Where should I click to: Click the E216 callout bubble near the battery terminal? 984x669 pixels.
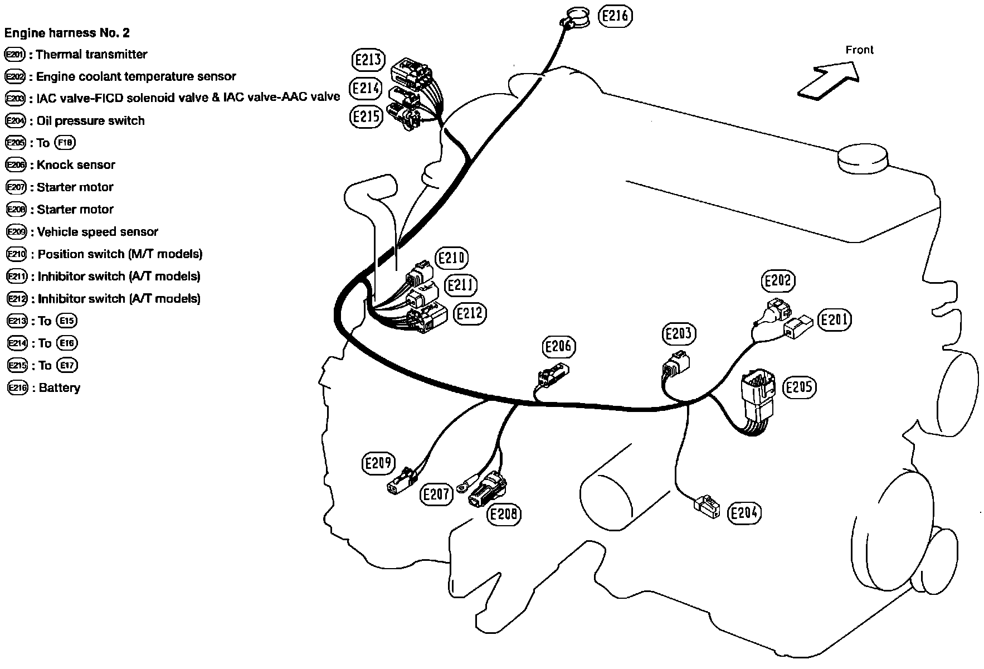pyautogui.click(x=615, y=16)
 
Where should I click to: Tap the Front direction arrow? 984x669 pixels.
pyautogui.click(x=827, y=80)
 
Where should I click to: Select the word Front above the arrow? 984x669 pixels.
pyautogui.click(x=859, y=50)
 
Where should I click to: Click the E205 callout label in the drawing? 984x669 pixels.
pyautogui.click(x=799, y=387)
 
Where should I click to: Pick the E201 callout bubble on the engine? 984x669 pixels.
pyautogui.click(x=834, y=319)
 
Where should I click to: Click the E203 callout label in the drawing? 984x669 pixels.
pyautogui.click(x=678, y=334)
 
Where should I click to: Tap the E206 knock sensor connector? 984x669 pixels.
pyautogui.click(x=553, y=375)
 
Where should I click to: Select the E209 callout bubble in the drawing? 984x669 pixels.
pyautogui.click(x=378, y=463)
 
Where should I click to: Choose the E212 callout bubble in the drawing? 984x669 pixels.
pyautogui.click(x=469, y=313)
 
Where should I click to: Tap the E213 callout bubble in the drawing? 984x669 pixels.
pyautogui.click(x=368, y=60)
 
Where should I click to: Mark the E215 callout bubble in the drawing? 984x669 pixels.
pyautogui.click(x=366, y=117)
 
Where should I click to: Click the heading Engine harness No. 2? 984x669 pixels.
pyautogui.click(x=67, y=33)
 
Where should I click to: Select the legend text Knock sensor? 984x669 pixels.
pyautogui.click(x=76, y=165)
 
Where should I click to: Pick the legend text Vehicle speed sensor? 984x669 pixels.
pyautogui.click(x=98, y=232)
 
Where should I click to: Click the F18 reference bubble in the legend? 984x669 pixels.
pyautogui.click(x=65, y=143)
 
